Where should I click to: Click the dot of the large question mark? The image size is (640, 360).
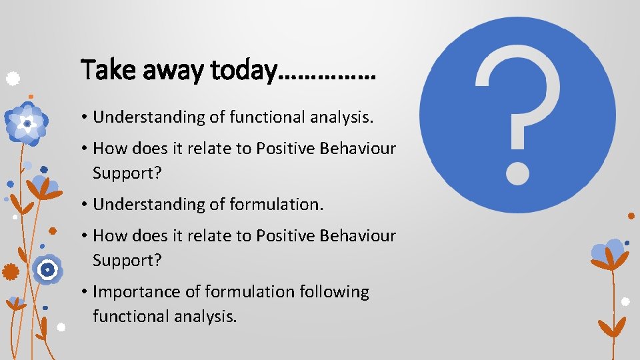(517, 171)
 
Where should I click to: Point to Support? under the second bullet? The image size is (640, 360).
(127, 173)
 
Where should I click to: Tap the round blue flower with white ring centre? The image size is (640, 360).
(47, 270)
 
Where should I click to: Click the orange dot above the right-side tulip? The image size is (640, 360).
(631, 216)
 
